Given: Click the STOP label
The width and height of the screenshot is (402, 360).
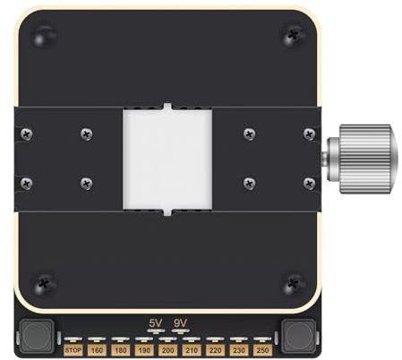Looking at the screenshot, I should coord(73,349).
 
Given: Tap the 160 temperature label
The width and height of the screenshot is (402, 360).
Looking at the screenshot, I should coord(97,349).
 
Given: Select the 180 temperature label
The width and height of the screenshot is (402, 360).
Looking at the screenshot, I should coord(121,349).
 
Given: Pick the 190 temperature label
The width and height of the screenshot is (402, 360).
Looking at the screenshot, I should coord(144,349).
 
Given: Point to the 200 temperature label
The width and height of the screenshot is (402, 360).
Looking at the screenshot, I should coord(167,349).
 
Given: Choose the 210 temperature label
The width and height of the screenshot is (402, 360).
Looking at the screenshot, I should coord(191,349).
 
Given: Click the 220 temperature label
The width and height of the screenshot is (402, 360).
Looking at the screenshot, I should coord(215,349).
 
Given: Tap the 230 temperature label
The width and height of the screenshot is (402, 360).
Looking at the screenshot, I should coord(238,349).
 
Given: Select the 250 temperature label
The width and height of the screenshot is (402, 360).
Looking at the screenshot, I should coord(261,349).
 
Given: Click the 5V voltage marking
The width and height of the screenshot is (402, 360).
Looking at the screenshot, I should coord(156,322).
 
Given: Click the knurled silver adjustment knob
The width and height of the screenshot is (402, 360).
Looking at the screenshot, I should coord(360,158).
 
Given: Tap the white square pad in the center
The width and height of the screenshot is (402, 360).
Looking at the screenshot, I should coord(167,160).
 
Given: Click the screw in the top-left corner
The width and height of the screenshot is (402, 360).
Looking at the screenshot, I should coord(42,38).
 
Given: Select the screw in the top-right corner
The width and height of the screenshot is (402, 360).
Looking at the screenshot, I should coord(292,36).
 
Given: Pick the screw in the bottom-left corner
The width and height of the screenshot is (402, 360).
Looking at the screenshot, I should coord(43,283).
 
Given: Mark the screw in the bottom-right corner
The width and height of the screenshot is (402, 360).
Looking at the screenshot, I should coord(292,283).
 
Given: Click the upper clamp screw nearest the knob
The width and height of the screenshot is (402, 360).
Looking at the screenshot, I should coord(310,133).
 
